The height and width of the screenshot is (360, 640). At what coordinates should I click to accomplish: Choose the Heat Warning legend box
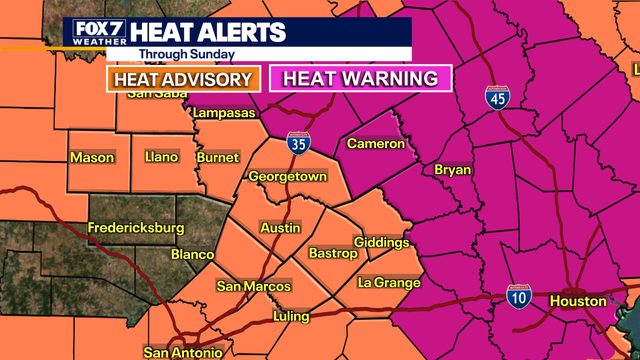(x=363, y=78)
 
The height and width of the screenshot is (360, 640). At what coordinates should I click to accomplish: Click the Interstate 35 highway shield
(x=297, y=144)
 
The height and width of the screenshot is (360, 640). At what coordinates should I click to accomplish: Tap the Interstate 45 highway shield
(x=496, y=97)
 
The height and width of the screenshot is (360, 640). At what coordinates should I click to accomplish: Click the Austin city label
(x=280, y=228)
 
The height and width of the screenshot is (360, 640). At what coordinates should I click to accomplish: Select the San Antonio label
(x=184, y=352)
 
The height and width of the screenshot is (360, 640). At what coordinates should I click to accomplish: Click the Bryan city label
(x=452, y=170)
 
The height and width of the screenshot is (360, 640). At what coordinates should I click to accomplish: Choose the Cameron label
(x=375, y=144)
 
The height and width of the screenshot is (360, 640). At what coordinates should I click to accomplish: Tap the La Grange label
(x=387, y=283)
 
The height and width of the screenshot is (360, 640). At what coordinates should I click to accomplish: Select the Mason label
(x=92, y=157)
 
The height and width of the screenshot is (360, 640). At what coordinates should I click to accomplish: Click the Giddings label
(x=382, y=243)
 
